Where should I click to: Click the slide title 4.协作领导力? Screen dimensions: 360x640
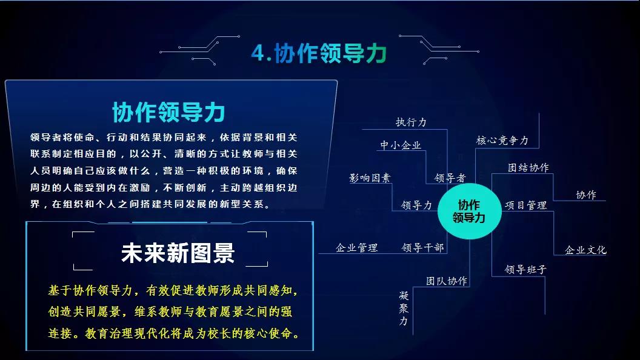coord(319,53)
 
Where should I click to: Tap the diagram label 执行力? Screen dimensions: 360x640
coord(411,122)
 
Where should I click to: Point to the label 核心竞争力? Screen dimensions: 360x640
coord(502,141)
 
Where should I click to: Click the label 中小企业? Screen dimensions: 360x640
coord(401,145)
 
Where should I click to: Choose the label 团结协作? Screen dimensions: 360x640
coord(528,167)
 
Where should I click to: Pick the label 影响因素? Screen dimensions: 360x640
coord(370,178)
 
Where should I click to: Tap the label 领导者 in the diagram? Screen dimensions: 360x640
coord(450,178)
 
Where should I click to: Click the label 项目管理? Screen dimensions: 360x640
coord(525,205)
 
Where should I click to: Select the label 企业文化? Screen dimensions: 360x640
coord(585,250)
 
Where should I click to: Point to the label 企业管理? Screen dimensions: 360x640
coord(356,247)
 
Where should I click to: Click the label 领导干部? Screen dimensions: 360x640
coord(422,247)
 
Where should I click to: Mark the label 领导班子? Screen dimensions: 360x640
coord(526,269)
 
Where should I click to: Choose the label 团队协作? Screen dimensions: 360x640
coord(447,281)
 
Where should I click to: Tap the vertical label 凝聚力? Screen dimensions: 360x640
coord(404,308)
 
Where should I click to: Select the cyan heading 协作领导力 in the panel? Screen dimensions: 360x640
coord(168,112)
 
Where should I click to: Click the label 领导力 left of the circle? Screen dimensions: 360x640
coord(416,205)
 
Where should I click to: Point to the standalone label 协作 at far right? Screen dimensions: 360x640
coord(586,195)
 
